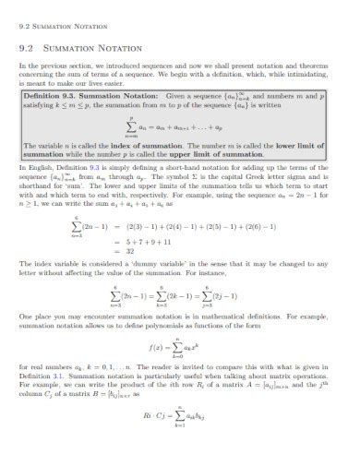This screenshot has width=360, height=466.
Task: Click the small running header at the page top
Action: coord(54,12)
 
